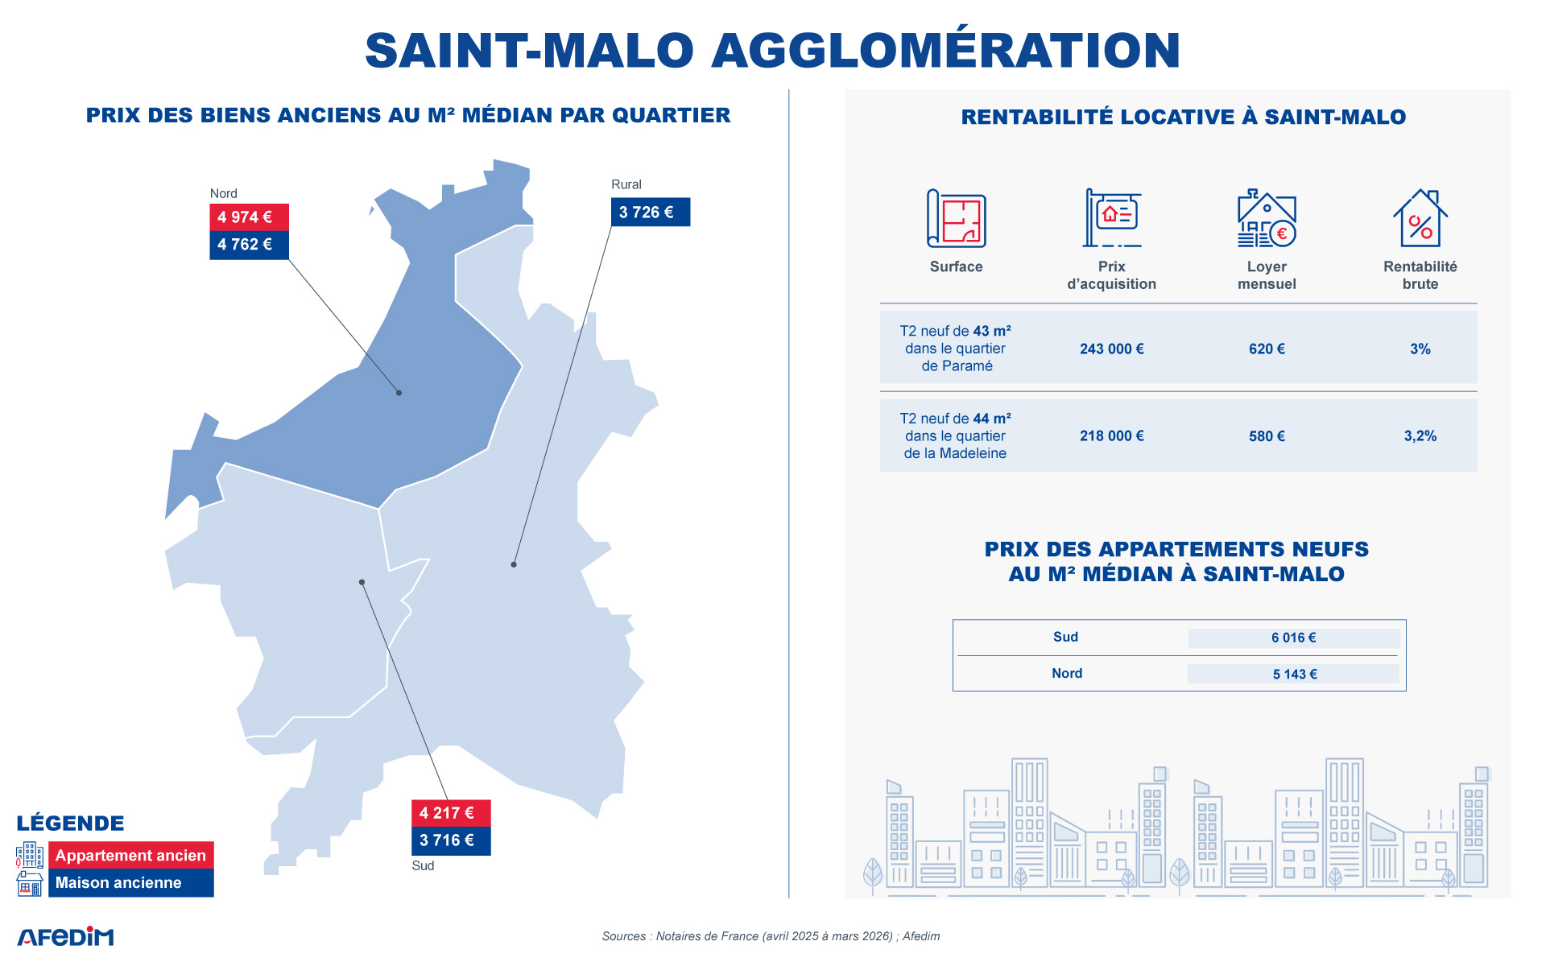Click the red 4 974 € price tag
coord(249,217)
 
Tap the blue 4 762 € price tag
coord(249,245)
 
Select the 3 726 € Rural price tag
coord(651,213)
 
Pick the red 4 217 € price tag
coord(451,813)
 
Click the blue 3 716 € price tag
coord(451,840)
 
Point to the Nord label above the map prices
coord(224,193)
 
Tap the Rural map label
coord(626,184)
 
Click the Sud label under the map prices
coord(423,865)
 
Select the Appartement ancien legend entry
coord(130,856)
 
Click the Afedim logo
coord(66,936)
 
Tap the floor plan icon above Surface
coord(957,218)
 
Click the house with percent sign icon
coord(1420,218)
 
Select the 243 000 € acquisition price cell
coord(1112,349)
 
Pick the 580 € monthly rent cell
coord(1267,436)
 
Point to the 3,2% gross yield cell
coord(1420,436)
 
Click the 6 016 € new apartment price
coord(1294,638)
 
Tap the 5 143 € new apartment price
coord(1295,675)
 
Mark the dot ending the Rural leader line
coord(514,564)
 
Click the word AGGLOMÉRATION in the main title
coord(946,50)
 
